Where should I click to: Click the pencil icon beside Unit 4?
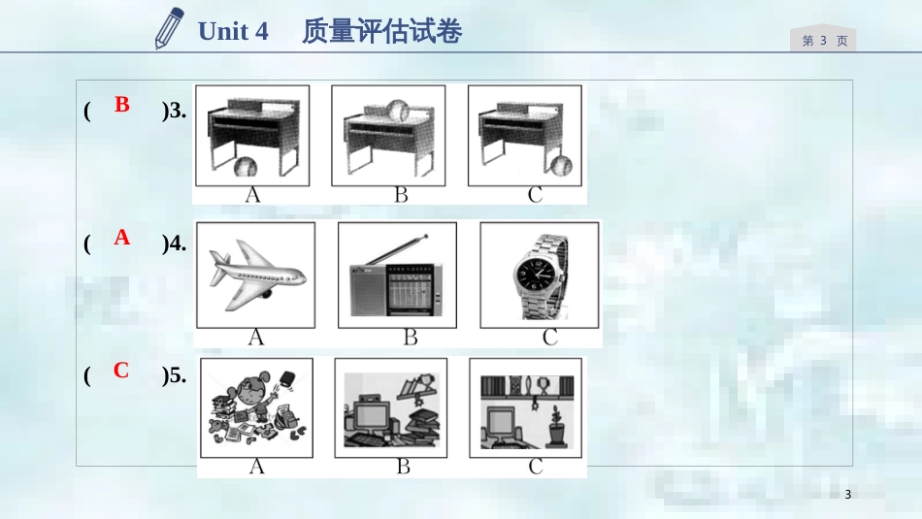pyautogui.click(x=169, y=28)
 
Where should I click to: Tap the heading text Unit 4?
pyautogui.click(x=233, y=31)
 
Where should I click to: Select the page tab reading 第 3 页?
pyautogui.click(x=824, y=41)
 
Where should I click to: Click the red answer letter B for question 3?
pyautogui.click(x=121, y=104)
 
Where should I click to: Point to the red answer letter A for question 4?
pyautogui.click(x=121, y=237)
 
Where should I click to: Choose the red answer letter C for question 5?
pyautogui.click(x=121, y=370)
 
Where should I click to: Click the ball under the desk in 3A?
pyautogui.click(x=246, y=167)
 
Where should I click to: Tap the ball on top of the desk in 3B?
pyautogui.click(x=398, y=111)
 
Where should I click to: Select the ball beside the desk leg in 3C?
pyautogui.click(x=562, y=165)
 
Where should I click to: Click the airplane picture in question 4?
pyautogui.click(x=256, y=276)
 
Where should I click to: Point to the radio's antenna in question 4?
pyautogui.click(x=397, y=250)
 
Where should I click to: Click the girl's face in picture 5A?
pyautogui.click(x=248, y=392)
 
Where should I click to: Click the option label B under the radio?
pyautogui.click(x=411, y=338)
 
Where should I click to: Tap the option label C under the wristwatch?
pyautogui.click(x=549, y=338)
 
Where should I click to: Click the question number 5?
pyautogui.click(x=177, y=375)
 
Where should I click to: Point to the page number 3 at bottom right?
pyautogui.click(x=848, y=495)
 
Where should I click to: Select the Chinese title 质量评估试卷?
pyautogui.click(x=382, y=31)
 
